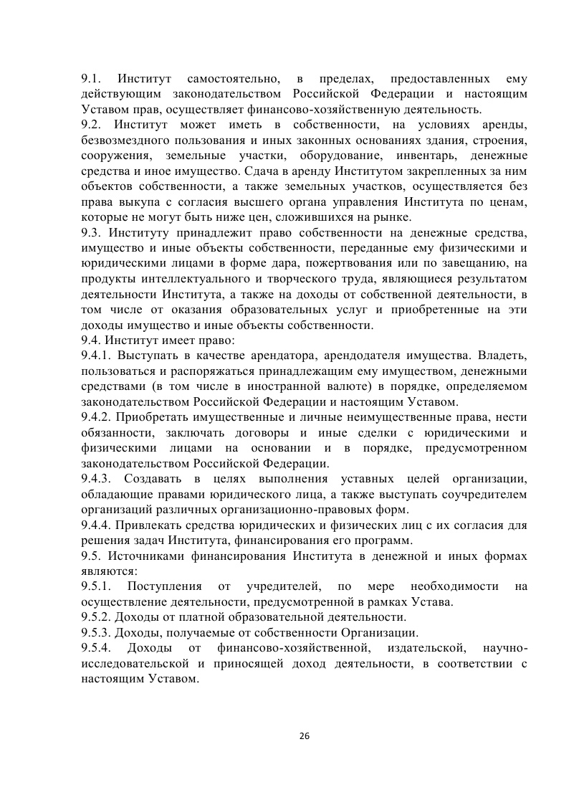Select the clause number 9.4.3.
(x=96, y=479)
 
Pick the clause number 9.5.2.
(x=96, y=616)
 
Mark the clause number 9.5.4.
(x=96, y=648)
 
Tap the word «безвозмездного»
(x=125, y=140)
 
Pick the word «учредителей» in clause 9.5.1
(x=277, y=586)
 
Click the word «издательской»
(x=420, y=648)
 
